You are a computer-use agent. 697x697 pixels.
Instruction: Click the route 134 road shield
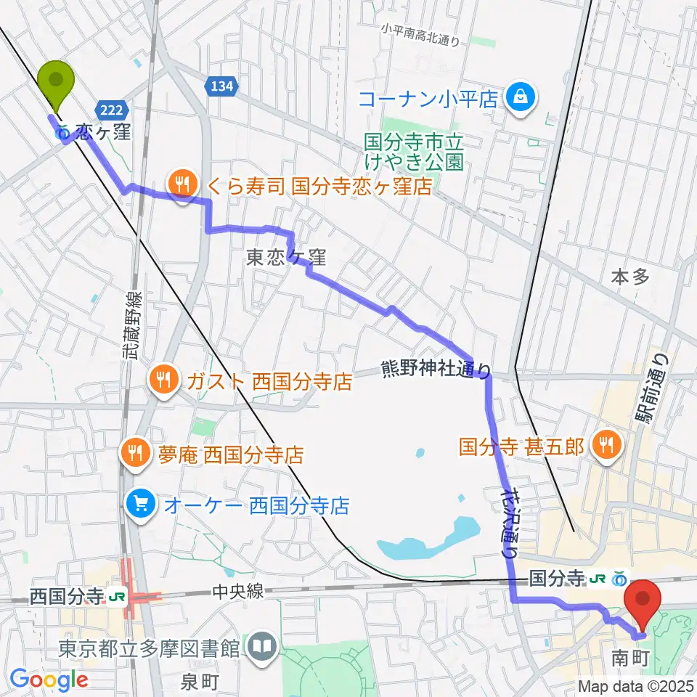(x=224, y=86)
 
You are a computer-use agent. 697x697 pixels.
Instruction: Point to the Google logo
(x=49, y=680)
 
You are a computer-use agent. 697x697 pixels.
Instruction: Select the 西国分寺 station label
(x=66, y=597)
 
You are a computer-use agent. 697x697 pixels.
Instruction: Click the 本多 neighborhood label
(x=629, y=276)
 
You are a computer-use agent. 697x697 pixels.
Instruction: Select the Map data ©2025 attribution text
(x=635, y=685)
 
